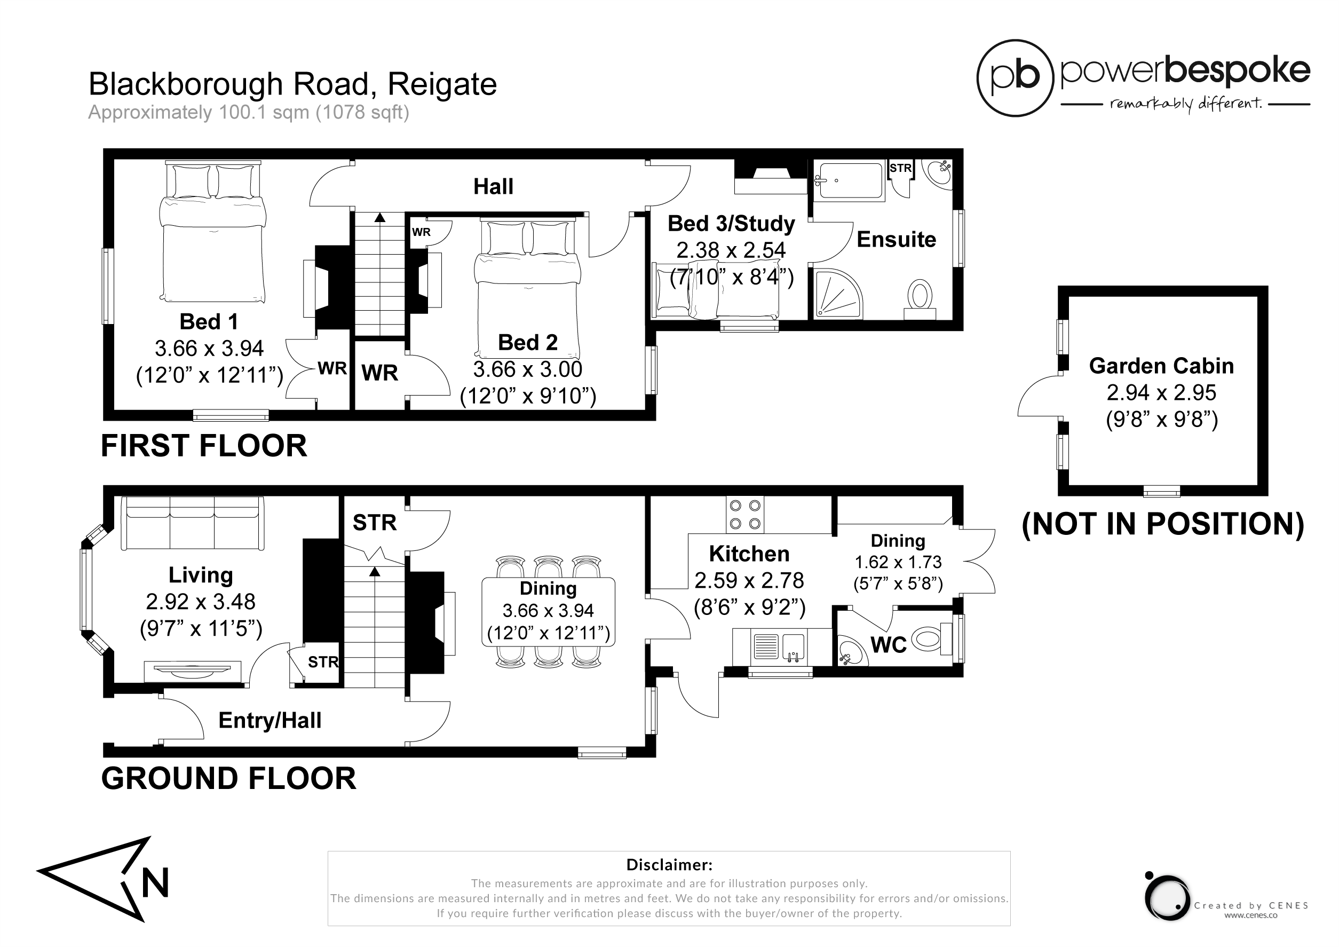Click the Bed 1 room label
point(208,321)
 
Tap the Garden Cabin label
point(1161,366)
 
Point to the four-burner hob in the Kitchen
point(744,515)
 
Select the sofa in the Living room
point(193,523)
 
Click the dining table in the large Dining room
point(548,610)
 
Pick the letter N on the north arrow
point(155,883)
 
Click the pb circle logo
point(1016,78)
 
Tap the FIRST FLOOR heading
point(203,446)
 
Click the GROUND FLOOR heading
point(228,778)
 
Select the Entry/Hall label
point(270,720)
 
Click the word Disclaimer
point(669,864)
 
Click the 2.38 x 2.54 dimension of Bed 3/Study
point(731,250)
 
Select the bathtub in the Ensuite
point(849,181)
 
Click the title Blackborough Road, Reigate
point(292,84)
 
